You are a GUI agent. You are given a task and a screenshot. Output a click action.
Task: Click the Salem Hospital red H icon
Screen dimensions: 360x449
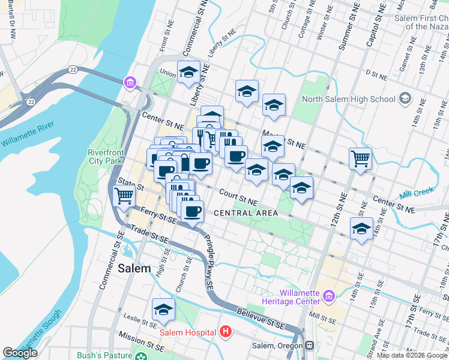click(x=225, y=331)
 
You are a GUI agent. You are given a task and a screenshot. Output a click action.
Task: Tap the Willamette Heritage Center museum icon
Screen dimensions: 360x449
click(x=328, y=296)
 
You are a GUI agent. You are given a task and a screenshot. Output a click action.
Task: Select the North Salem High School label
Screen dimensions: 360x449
click(x=349, y=99)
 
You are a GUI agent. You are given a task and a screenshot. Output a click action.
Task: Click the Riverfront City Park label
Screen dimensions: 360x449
click(x=106, y=157)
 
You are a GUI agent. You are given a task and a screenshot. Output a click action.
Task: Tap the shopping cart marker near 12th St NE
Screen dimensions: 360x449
click(x=361, y=159)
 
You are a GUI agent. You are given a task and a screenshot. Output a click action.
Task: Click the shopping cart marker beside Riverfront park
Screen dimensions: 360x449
click(x=124, y=196)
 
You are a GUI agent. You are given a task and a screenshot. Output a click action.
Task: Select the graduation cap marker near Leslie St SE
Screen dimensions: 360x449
click(x=163, y=310)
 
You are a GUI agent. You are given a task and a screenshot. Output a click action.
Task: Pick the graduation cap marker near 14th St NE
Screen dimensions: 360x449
click(x=361, y=229)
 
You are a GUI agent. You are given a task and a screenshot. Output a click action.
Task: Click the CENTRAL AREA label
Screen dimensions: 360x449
click(x=246, y=213)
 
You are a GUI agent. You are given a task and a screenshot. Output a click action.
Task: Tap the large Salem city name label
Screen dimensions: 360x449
click(x=134, y=268)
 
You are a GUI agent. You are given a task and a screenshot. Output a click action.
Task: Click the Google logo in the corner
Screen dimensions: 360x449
click(x=21, y=353)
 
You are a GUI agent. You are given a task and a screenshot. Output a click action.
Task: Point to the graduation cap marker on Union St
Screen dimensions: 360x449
click(x=188, y=73)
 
